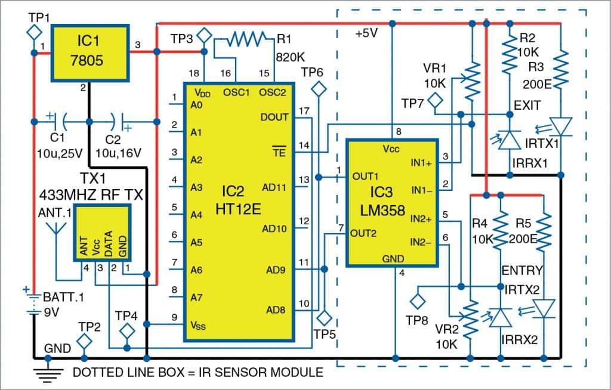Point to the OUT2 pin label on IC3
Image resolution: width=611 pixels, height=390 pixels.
point(364,233)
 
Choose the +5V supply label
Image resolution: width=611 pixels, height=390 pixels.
point(367,33)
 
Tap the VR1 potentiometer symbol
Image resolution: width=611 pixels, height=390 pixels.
point(473,83)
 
